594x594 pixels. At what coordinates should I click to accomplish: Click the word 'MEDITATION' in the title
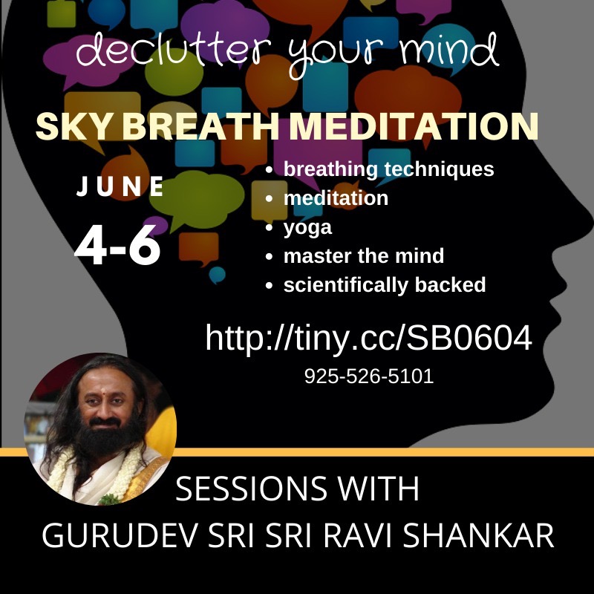click(414, 126)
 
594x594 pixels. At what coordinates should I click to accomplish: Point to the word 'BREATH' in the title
click(200, 126)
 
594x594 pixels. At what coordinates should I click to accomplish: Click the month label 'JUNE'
click(120, 186)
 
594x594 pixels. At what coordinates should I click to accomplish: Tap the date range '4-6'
click(117, 245)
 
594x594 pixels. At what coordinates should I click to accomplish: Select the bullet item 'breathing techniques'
click(388, 169)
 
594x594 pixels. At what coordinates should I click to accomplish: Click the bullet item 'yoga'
click(307, 228)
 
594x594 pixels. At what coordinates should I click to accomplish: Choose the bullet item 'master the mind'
click(364, 256)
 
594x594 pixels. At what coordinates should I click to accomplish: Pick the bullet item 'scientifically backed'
click(385, 285)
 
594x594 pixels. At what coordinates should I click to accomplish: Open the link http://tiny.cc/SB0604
click(368, 337)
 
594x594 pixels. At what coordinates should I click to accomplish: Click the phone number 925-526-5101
click(369, 376)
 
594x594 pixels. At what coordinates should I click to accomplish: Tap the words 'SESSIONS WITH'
click(298, 489)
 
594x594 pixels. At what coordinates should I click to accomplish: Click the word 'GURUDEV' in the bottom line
click(120, 535)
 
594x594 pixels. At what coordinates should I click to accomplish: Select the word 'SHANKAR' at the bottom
click(478, 535)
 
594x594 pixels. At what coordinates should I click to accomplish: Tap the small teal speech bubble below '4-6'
click(217, 275)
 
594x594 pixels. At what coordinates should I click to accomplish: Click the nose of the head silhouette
click(581, 220)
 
